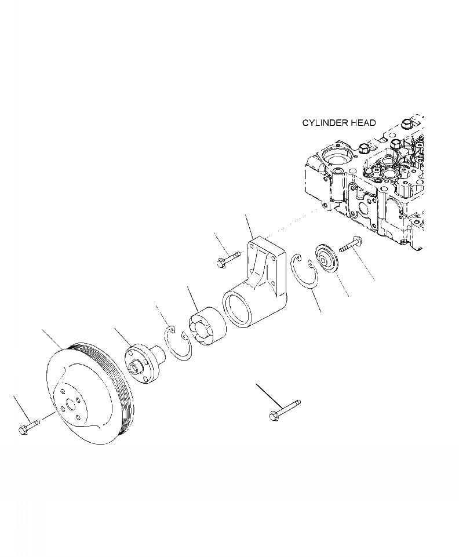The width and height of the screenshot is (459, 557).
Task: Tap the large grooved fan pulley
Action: (x=92, y=394)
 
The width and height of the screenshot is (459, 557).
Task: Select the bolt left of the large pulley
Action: (x=29, y=427)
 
